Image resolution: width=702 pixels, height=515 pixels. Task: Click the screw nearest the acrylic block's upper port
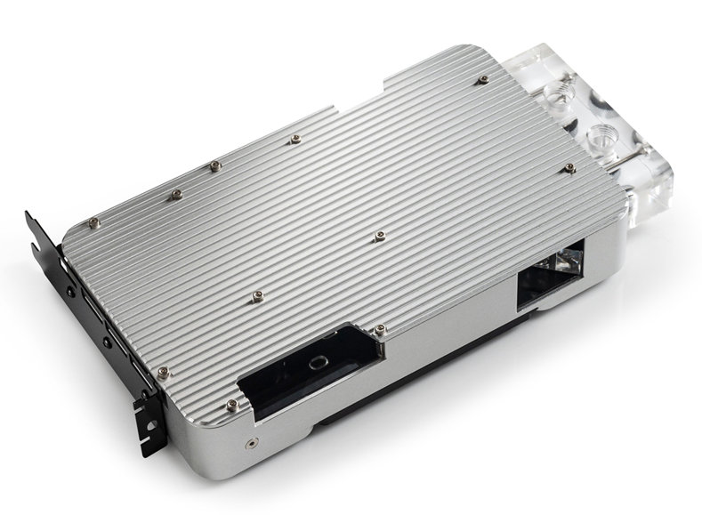[x=482, y=80]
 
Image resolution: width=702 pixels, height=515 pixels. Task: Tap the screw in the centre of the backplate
[x=380, y=236]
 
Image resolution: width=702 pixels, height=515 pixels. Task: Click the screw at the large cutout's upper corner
[x=380, y=330]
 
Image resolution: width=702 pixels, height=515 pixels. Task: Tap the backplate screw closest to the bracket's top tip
[x=93, y=222]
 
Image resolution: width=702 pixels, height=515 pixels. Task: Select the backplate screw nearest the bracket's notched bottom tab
[x=161, y=371]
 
